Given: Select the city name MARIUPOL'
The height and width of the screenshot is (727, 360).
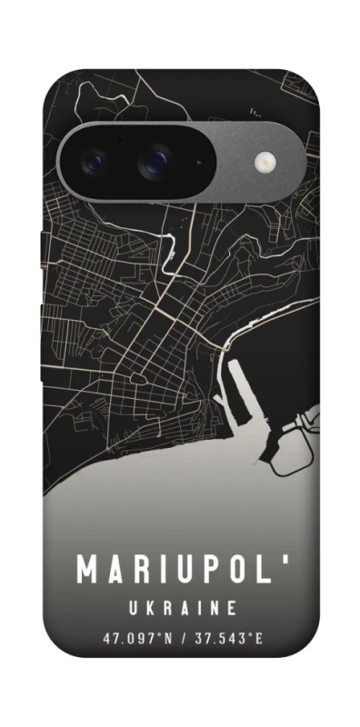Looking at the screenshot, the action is coord(181,570).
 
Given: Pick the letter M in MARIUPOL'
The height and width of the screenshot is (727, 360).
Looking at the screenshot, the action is coord(87,570).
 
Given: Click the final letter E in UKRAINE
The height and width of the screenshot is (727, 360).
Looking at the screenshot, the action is coord(233,608).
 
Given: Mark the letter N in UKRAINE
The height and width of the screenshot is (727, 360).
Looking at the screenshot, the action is coord(215,608).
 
